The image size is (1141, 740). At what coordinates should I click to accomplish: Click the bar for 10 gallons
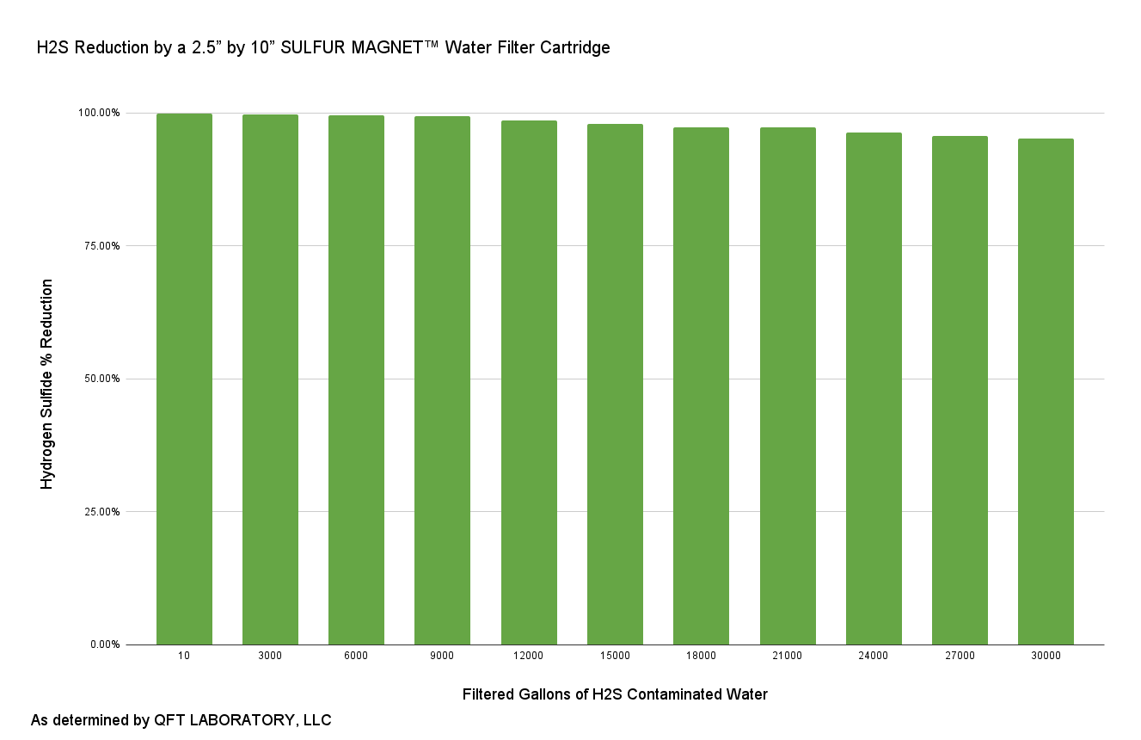pyautogui.click(x=184, y=379)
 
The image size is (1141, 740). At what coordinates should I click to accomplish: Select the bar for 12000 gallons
pyautogui.click(x=529, y=382)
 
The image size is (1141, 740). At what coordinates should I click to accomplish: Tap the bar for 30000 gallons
pyautogui.click(x=1046, y=392)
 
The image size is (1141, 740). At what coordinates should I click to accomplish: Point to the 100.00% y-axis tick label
pyautogui.click(x=100, y=113)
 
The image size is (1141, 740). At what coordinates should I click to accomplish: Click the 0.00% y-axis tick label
pyautogui.click(x=105, y=644)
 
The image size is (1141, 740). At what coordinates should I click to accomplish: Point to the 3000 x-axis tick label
pyautogui.click(x=270, y=656)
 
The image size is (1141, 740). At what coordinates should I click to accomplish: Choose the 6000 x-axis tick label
pyautogui.click(x=356, y=656)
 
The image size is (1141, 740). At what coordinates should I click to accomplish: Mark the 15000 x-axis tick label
pyautogui.click(x=615, y=656)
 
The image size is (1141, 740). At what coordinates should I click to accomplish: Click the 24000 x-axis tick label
pyautogui.click(x=874, y=656)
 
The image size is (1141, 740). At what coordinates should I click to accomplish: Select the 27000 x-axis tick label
pyautogui.click(x=960, y=656)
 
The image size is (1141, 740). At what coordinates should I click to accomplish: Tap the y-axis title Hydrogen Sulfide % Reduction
pyautogui.click(x=48, y=384)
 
